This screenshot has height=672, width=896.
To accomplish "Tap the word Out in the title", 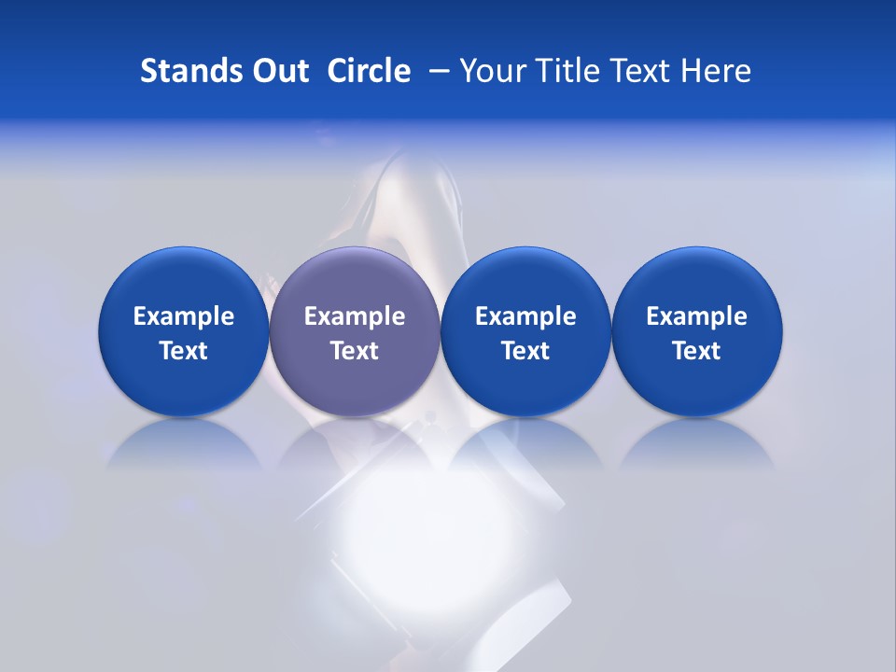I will [277, 71].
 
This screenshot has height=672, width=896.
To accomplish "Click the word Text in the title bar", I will [643, 71].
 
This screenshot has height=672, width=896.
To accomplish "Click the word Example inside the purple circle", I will [355, 316].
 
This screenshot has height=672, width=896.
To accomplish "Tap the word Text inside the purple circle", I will [355, 351].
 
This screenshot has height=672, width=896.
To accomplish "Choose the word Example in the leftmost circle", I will [184, 316].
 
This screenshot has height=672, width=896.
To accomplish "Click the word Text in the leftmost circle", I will [184, 351].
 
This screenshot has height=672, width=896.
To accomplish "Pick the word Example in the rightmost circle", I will [696, 316].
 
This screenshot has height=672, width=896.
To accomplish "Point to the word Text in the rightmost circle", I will [696, 351].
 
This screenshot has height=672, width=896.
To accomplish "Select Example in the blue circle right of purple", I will [525, 316].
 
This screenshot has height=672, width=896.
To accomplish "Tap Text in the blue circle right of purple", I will [525, 351].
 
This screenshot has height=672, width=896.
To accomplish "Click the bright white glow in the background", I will [411, 523].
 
